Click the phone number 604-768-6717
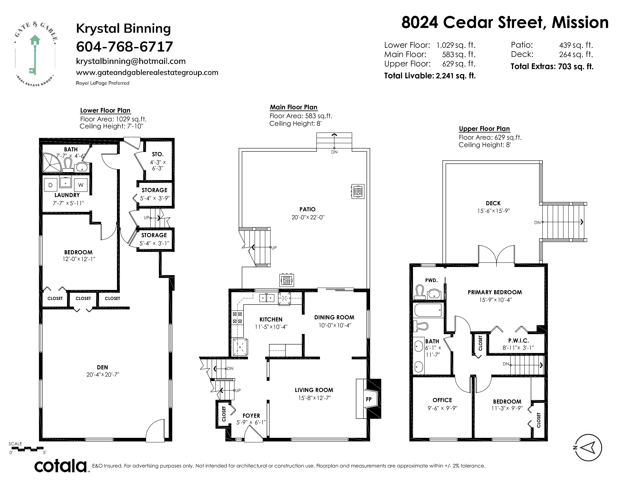[124, 47]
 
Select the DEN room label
[102, 367]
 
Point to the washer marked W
[81, 185]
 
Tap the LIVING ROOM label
[314, 390]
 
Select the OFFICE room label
[442, 400]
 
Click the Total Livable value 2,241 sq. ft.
[456, 76]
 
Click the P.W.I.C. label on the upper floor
[519, 340]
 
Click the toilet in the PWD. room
[420, 292]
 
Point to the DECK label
[493, 203]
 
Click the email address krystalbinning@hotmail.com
[131, 61]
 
